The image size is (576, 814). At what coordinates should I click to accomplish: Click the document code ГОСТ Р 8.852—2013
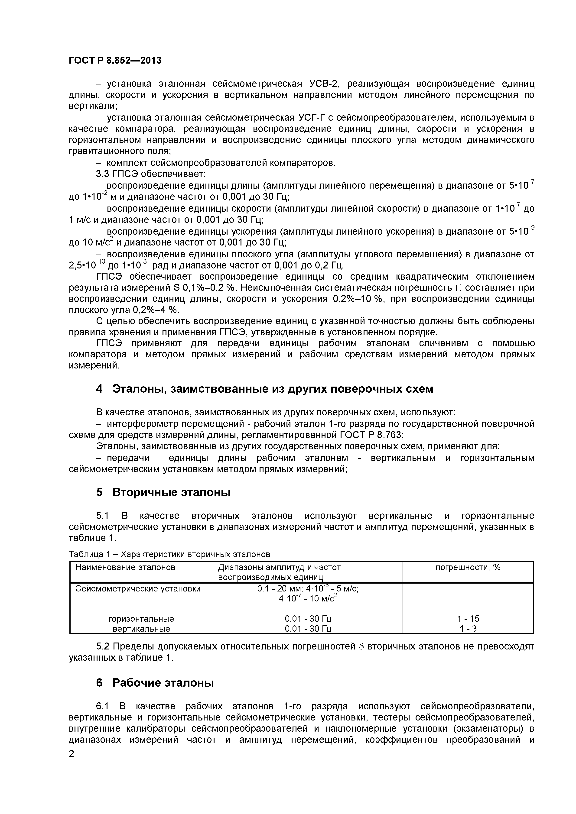coord(115,61)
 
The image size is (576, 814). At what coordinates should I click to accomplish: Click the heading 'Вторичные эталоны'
coord(171,492)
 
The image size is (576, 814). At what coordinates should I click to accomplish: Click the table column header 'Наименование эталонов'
coord(125,567)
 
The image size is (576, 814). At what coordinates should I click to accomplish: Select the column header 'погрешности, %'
coord(468,567)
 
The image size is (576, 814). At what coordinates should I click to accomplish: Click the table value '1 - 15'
coord(468,619)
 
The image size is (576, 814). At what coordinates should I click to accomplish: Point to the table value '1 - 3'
coord(468,629)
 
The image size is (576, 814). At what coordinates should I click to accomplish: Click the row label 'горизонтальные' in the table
coord(141,619)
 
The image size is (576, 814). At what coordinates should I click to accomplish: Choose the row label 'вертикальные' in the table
coord(141,629)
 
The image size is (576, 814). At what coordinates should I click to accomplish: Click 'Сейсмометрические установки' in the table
coord(138,588)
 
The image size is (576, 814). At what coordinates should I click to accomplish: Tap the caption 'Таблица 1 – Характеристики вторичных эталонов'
coord(169,554)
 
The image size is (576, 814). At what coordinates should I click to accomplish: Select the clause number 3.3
coord(103,174)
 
